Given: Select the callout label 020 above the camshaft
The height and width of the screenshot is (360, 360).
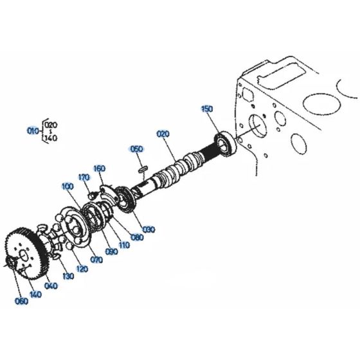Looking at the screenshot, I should click(x=163, y=134).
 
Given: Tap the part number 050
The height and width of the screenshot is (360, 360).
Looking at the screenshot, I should click(x=136, y=149).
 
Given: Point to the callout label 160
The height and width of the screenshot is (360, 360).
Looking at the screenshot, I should click(x=99, y=169).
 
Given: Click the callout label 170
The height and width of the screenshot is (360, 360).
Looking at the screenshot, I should click(x=83, y=177).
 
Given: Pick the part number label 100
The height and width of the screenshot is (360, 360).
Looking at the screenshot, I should click(x=67, y=186).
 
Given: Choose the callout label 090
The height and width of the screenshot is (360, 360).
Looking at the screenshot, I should click(x=112, y=251).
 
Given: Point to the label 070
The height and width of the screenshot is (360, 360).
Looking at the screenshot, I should click(x=96, y=260).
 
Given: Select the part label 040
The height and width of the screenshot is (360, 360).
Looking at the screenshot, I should click(x=52, y=285).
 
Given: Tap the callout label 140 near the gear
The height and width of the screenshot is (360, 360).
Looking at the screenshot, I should click(x=35, y=294).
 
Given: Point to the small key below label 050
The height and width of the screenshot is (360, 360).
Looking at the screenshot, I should click(x=143, y=170).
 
